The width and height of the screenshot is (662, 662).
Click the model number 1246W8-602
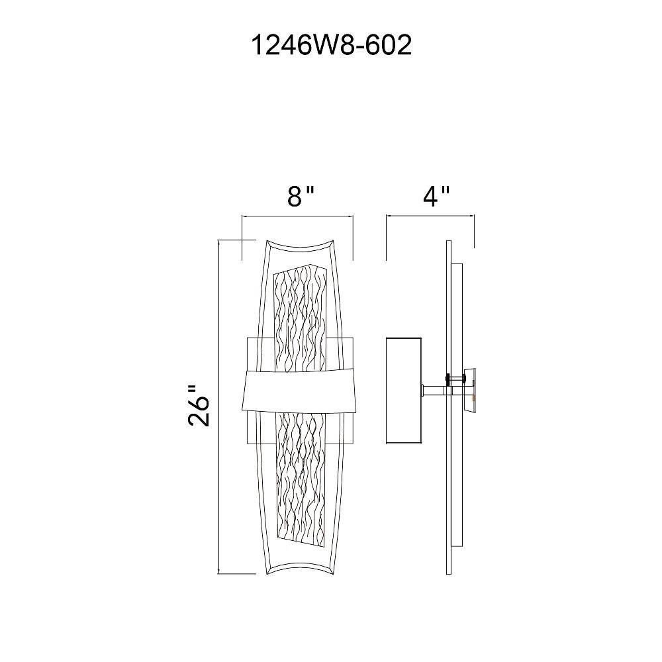(332, 45)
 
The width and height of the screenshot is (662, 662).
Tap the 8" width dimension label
(301, 196)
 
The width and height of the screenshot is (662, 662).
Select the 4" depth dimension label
(436, 196)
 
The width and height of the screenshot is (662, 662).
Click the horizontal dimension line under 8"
(297, 216)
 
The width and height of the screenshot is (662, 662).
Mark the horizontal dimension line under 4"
(430, 216)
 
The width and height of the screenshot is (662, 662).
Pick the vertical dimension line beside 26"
(218, 407)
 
